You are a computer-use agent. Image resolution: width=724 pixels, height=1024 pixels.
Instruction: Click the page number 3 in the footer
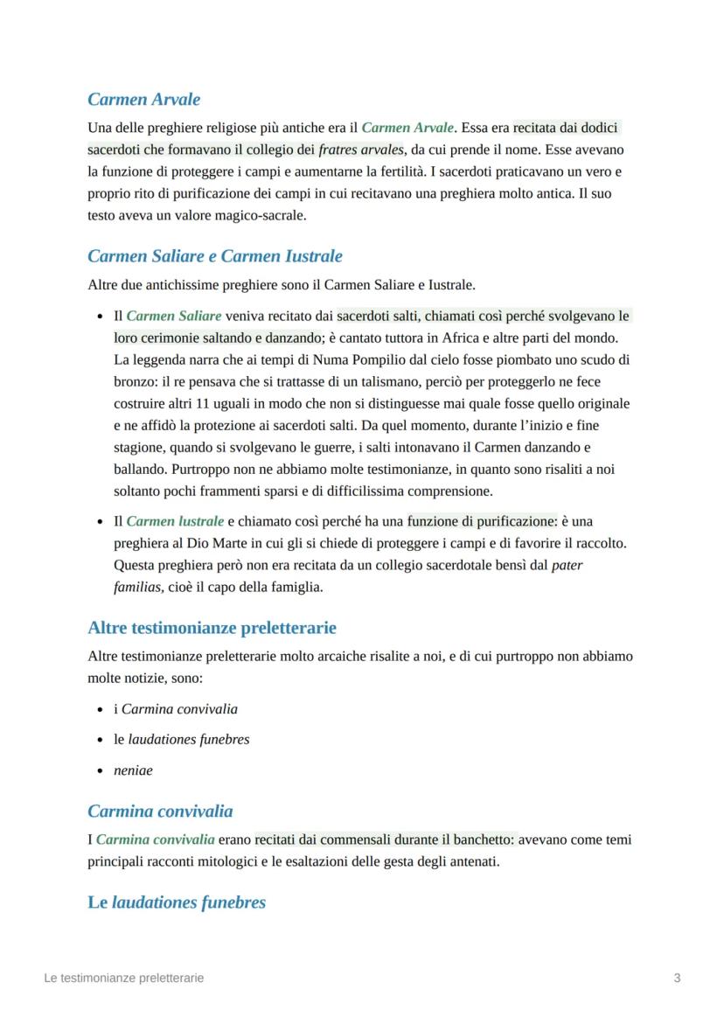(677, 978)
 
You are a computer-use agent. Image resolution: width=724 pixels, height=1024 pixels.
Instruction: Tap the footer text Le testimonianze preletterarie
(123, 978)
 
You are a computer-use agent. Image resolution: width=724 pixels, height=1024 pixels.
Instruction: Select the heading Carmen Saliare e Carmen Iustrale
(215, 256)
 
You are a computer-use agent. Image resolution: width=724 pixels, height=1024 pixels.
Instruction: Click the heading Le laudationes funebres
(177, 902)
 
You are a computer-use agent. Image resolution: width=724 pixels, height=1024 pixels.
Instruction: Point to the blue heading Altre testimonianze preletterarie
(212, 628)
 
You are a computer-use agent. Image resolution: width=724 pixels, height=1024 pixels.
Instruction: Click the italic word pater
(567, 565)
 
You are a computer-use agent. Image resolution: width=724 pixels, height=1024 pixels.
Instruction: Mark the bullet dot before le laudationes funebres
(101, 740)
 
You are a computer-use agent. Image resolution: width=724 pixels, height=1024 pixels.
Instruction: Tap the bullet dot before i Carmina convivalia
(101, 709)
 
